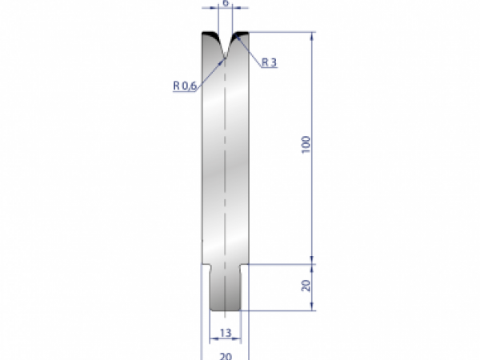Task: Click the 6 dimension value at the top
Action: (x=226, y=3)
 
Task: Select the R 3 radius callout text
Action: (x=269, y=62)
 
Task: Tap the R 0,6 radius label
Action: (x=184, y=86)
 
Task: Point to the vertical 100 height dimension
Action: (x=306, y=146)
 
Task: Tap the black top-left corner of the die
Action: (x=207, y=37)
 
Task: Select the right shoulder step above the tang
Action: (x=244, y=266)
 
